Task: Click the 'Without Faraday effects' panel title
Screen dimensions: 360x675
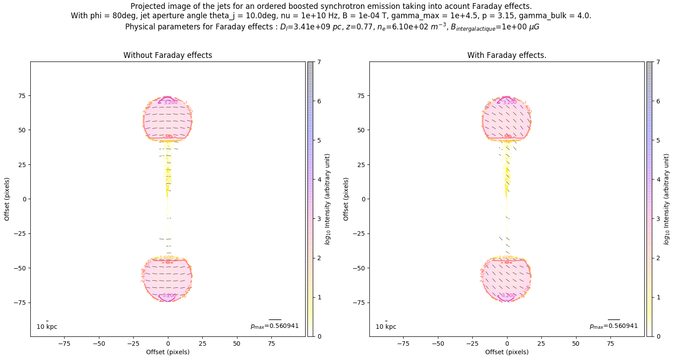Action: coord(168,55)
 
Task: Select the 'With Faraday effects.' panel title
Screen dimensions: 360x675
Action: coord(507,55)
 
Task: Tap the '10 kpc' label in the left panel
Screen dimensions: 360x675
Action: coord(47,327)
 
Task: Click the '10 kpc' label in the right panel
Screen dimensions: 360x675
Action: coord(386,327)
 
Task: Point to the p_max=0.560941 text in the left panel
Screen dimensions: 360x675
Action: coord(274,326)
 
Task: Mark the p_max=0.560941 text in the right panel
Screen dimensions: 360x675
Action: coord(614,326)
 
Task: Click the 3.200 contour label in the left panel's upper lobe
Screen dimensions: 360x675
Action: coord(170,102)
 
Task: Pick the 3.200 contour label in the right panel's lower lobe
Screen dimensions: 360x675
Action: coord(508,295)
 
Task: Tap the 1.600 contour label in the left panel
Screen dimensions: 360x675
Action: coord(166,258)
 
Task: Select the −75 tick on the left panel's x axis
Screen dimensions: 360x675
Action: coord(65,344)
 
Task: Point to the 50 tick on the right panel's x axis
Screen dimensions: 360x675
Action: coord(576,344)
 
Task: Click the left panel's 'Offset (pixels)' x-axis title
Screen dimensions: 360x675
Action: coord(168,352)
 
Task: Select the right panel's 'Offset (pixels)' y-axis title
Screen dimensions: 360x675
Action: coord(346,199)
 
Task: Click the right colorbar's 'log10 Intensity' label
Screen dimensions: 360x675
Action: coord(667,199)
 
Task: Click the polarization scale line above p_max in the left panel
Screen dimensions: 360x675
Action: coord(275,319)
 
